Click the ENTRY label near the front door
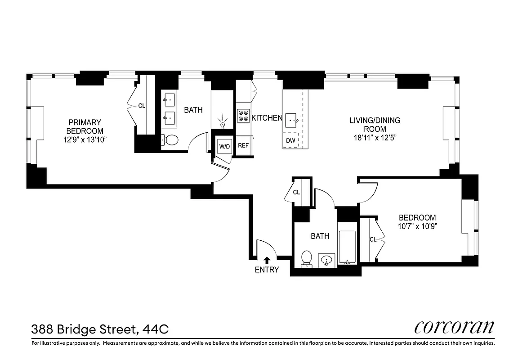pos(267,270)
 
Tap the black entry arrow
pos(267,260)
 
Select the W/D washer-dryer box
pos(224,146)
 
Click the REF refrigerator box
pos(243,146)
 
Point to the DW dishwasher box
pos(290,141)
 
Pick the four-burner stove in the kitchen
pos(243,116)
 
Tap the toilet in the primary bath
pos(170,140)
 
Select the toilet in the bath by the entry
pos(307,258)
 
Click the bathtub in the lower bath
pos(347,247)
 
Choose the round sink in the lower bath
pos(327,260)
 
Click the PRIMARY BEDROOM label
pos(85,126)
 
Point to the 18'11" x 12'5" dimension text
pos(375,136)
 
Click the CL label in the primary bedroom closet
pos(142,106)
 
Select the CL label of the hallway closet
pos(296,193)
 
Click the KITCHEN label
pos(267,118)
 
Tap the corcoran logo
pos(454,327)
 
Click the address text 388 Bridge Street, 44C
pos(100,329)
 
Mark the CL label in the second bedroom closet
pos(373,240)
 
